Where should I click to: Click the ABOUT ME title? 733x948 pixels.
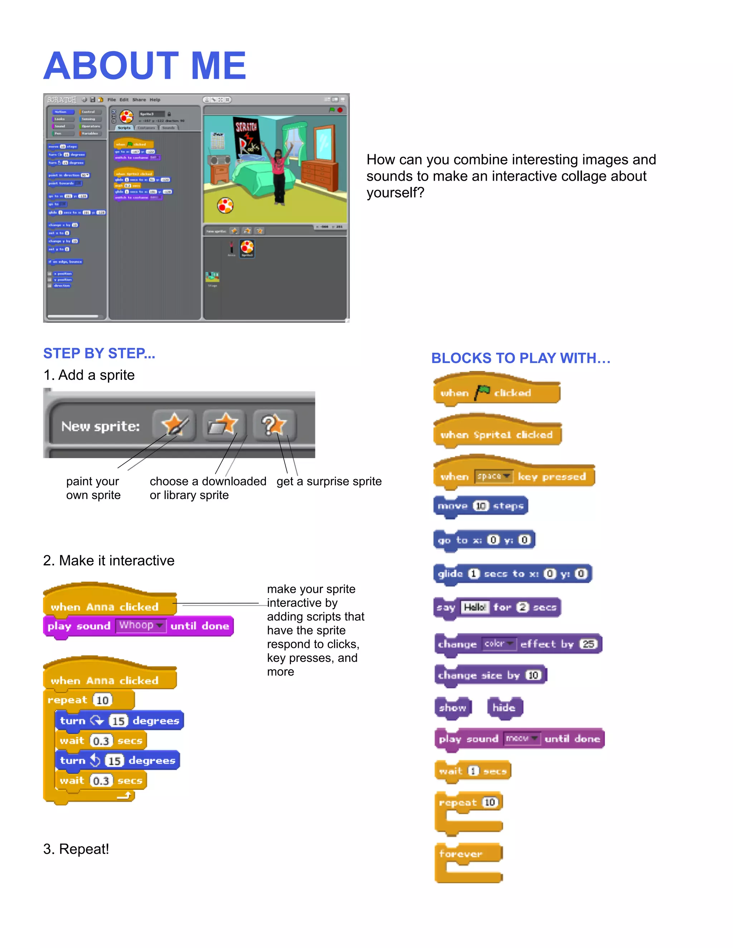pyautogui.click(x=145, y=66)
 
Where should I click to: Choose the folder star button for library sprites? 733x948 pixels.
pyautogui.click(x=224, y=425)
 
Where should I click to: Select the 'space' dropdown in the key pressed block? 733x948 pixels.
pyautogui.click(x=493, y=477)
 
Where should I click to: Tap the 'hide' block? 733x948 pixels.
pyautogui.click(x=504, y=708)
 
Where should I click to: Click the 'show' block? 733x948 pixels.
pyautogui.click(x=452, y=708)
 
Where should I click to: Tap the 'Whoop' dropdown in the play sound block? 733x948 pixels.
pyautogui.click(x=141, y=625)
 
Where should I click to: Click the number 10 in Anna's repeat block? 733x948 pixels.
pyautogui.click(x=102, y=700)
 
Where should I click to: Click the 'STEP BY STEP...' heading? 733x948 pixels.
pyautogui.click(x=99, y=353)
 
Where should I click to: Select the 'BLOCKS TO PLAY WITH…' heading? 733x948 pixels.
pyautogui.click(x=521, y=358)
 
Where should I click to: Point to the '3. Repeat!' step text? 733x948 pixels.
pyautogui.click(x=76, y=849)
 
